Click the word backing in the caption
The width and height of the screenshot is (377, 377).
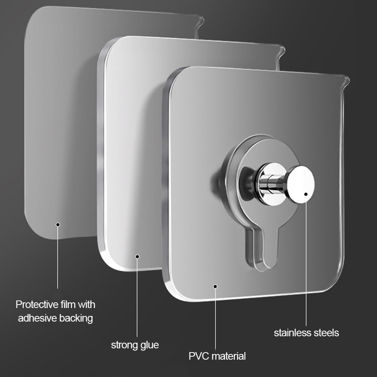(x=76, y=319)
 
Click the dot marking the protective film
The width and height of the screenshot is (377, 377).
(x=58, y=225)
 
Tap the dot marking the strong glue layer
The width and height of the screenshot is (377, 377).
(x=137, y=256)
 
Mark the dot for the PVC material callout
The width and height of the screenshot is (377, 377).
(x=215, y=286)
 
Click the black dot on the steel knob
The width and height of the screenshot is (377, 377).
(x=306, y=194)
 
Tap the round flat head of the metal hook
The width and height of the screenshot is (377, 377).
(x=300, y=184)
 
